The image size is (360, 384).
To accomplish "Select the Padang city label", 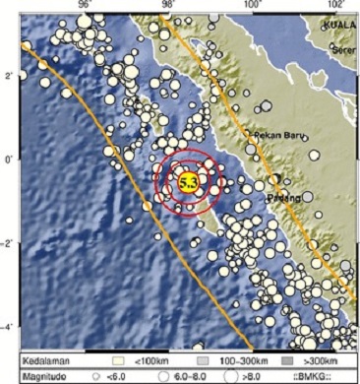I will click(282, 197).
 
